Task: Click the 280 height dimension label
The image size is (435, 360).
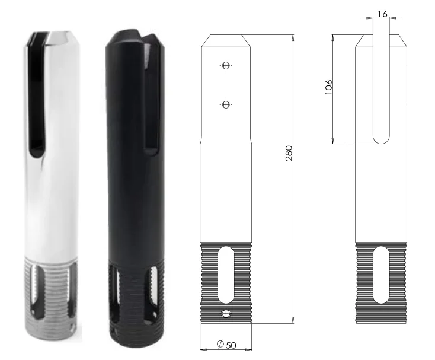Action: (x=289, y=155)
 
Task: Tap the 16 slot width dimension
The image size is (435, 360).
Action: (x=382, y=12)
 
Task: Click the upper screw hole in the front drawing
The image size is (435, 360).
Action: (x=225, y=66)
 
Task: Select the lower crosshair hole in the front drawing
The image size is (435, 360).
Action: (x=225, y=105)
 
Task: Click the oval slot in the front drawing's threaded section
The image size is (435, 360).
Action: (x=225, y=276)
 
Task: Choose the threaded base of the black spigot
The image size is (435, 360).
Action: (x=133, y=297)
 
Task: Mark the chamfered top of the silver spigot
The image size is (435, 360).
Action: (x=53, y=37)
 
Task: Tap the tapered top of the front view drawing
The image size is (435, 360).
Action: (x=225, y=40)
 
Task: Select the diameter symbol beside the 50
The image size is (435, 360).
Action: (x=219, y=344)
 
